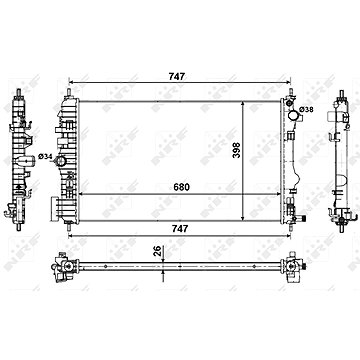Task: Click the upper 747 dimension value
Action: (x=176, y=77)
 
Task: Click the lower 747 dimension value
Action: (x=180, y=229)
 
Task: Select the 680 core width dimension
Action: (x=182, y=187)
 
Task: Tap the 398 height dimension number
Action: (x=236, y=150)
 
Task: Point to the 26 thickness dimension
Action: (x=158, y=251)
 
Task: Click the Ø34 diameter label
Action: (x=45, y=156)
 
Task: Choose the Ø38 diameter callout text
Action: (x=306, y=109)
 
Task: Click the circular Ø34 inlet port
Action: (x=61, y=161)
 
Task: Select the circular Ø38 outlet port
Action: (x=293, y=115)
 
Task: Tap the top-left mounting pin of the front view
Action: (x=68, y=92)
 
